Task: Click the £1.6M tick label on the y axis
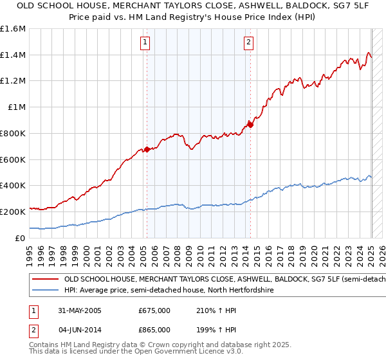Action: (x=13, y=29)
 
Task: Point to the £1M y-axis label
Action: (x=17, y=107)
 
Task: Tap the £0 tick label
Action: (x=21, y=238)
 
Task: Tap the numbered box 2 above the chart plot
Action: (x=248, y=43)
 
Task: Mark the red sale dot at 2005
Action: (x=147, y=149)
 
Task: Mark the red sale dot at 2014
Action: (x=250, y=125)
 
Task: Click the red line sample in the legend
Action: (x=46, y=280)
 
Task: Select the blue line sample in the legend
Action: (x=46, y=291)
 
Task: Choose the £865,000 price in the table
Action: (x=154, y=329)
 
